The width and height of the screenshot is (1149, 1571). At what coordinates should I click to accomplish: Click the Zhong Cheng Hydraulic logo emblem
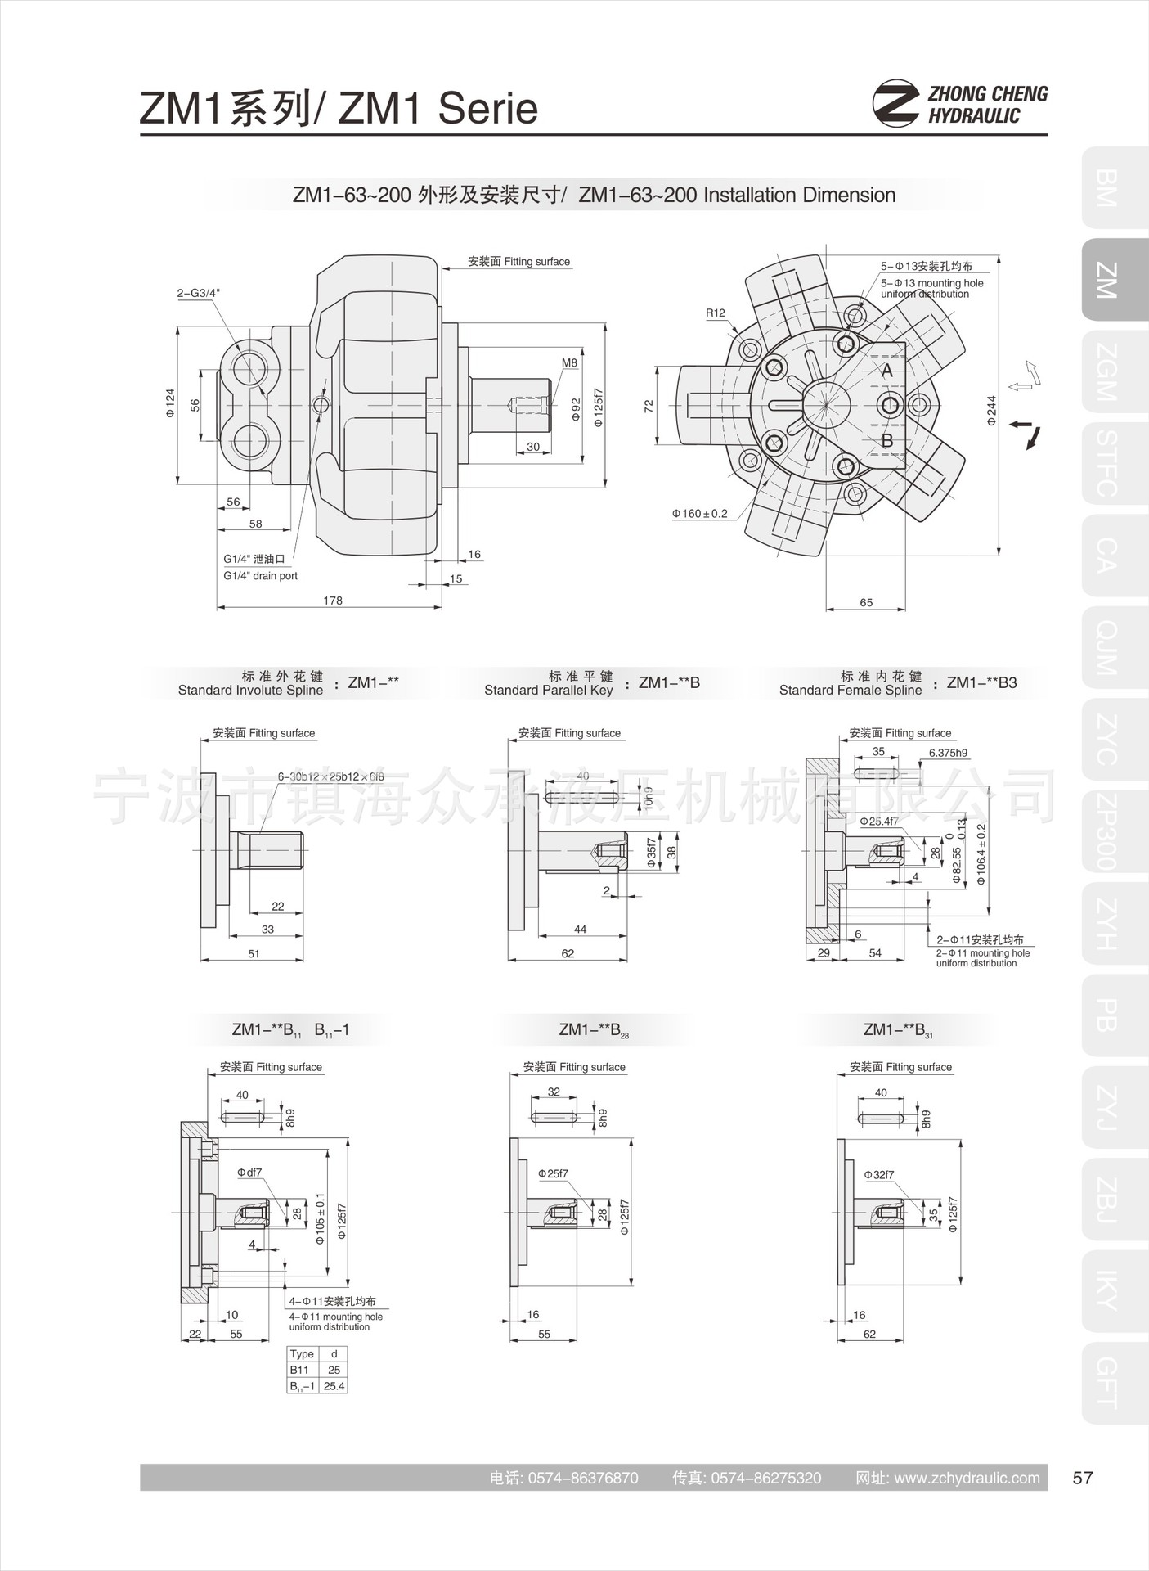895,103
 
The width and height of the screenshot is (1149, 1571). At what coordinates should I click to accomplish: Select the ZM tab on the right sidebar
1106,280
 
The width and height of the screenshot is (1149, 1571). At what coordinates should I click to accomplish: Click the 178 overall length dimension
333,601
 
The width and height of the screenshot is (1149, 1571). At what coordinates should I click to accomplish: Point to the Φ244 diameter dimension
991,410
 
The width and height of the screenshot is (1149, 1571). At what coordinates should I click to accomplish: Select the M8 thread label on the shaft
569,362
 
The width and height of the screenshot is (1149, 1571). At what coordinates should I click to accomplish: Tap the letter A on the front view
887,371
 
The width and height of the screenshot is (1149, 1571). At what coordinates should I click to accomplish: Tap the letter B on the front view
887,441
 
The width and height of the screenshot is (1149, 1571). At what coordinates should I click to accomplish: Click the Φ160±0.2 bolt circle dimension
700,514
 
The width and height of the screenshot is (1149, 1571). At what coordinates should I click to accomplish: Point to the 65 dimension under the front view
866,602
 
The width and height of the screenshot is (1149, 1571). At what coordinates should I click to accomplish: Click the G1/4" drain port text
260,576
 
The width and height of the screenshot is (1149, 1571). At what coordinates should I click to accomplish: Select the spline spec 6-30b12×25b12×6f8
330,776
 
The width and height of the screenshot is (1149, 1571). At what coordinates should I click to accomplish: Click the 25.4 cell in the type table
334,1386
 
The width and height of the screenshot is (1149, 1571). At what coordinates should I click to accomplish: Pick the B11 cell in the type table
299,1370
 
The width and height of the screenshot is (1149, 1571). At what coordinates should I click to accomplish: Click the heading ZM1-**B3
981,682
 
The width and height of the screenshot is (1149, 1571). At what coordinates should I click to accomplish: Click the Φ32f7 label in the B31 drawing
879,1175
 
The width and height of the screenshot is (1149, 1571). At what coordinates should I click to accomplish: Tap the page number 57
1083,1478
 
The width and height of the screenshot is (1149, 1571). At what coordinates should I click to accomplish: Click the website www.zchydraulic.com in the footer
967,1478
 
